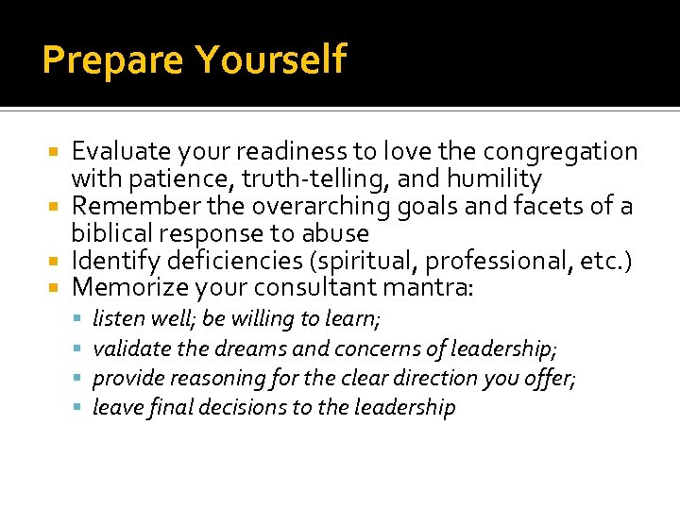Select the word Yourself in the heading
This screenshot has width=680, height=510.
click(271, 60)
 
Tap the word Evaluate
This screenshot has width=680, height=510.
click(120, 151)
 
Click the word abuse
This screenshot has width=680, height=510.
click(334, 233)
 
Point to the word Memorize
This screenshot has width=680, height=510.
click(127, 287)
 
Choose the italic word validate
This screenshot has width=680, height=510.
click(132, 349)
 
